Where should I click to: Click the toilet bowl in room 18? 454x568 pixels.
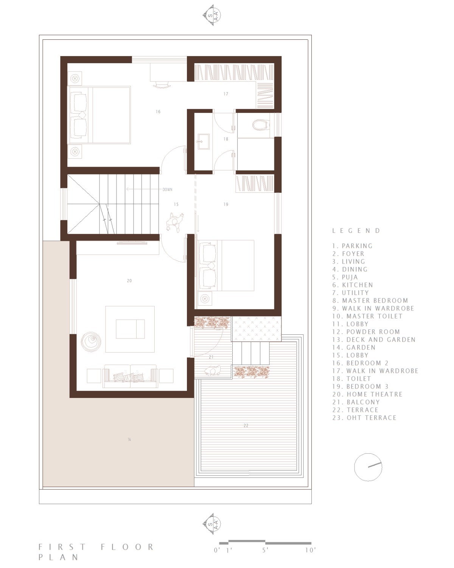pyautogui.click(x=261, y=125)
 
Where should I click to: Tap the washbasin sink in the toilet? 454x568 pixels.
pyautogui.click(x=204, y=142)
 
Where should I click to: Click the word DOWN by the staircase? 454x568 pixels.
pyautogui.click(x=167, y=189)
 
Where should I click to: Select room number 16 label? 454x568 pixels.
pyautogui.click(x=158, y=112)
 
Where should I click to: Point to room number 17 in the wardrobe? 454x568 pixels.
pyautogui.click(x=226, y=94)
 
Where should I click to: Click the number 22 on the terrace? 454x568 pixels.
pyautogui.click(x=246, y=426)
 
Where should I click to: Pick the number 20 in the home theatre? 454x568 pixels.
pyautogui.click(x=129, y=281)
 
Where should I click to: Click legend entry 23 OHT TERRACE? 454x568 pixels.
pyautogui.click(x=364, y=418)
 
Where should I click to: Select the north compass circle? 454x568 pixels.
pyautogui.click(x=368, y=467)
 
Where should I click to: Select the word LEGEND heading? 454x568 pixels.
pyautogui.click(x=356, y=231)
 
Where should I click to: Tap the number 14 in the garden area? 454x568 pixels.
pyautogui.click(x=129, y=440)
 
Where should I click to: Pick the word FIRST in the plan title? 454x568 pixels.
pyautogui.click(x=62, y=547)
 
